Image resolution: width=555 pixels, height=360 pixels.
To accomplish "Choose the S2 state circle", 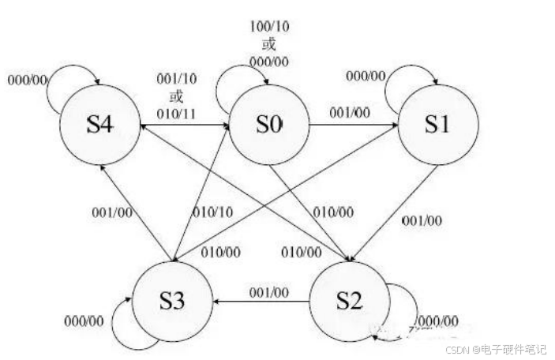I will pyautogui.click(x=348, y=300).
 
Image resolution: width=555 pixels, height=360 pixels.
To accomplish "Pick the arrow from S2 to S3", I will pyautogui.click(x=261, y=300).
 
